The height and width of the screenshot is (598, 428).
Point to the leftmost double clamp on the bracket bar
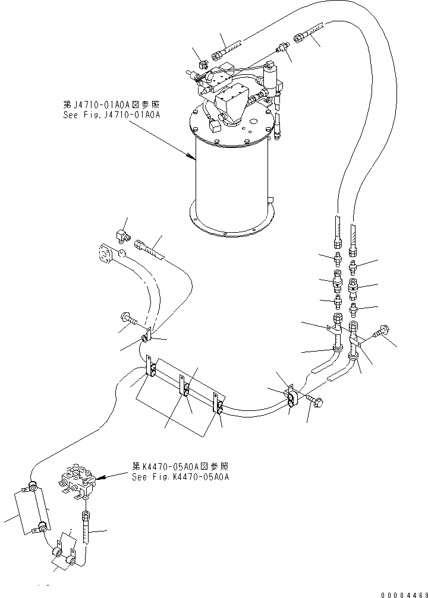(152, 371)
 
